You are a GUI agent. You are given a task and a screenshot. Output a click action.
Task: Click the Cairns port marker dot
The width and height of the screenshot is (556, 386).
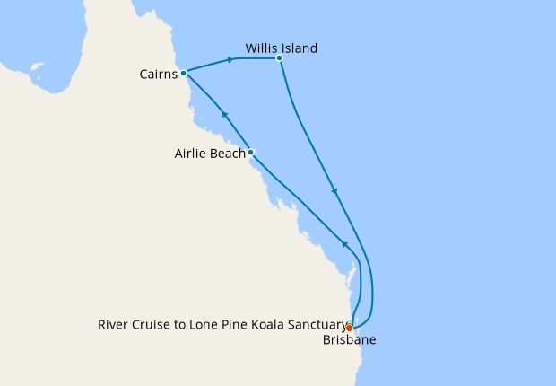tap(183, 73)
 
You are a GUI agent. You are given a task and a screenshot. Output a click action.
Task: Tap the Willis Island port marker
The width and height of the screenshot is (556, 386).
tap(280, 58)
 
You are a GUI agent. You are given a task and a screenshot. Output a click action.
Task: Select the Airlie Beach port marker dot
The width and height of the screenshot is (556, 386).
tap(251, 152)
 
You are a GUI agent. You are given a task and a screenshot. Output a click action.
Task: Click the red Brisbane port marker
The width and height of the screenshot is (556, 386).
tap(349, 328)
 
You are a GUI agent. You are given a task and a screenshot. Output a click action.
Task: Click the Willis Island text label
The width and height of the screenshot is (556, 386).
tap(282, 48)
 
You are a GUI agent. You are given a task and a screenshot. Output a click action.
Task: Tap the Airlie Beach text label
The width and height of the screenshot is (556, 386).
tap(210, 154)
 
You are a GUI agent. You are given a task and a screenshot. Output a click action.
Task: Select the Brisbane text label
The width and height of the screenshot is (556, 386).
tap(348, 341)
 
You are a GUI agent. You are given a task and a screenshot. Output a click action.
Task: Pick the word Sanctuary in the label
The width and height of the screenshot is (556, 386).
tap(315, 325)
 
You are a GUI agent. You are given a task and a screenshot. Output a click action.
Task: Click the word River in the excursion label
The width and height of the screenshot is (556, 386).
tap(112, 325)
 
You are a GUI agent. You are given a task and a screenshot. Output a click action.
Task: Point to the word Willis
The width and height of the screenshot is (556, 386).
tap(262, 48)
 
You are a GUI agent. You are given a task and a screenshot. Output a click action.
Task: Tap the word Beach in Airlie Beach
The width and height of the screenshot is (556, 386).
tap(228, 154)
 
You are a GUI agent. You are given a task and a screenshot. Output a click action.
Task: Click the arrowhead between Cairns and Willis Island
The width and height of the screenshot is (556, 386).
tap(232, 60)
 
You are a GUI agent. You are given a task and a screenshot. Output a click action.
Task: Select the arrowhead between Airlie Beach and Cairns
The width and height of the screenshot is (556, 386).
tap(225, 114)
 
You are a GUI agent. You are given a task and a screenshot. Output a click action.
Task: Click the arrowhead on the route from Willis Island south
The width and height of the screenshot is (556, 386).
tap(335, 190)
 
